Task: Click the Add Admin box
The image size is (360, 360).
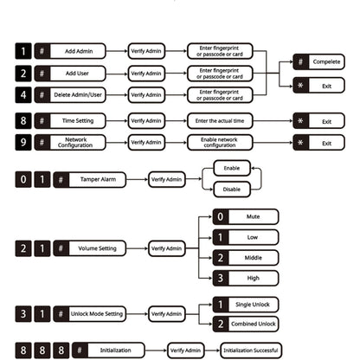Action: coord(70,51)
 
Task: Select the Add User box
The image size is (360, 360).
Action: coord(70,74)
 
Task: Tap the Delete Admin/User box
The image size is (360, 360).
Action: coord(70,95)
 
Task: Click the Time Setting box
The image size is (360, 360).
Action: coord(70,120)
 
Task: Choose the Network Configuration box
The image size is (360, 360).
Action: coord(70,142)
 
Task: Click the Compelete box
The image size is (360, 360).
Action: coord(318,61)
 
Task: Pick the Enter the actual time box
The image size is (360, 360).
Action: coord(220,120)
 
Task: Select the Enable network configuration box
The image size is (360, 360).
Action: coord(220,142)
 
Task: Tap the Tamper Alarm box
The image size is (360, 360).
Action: coord(90,179)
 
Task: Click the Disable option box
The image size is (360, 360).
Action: coord(232,190)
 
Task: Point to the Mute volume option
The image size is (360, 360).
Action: coord(246,216)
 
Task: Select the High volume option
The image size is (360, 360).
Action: coord(246,278)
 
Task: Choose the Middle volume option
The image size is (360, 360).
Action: coord(246,258)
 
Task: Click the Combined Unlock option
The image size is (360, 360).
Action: coord(246,324)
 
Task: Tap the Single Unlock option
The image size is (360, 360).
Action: coord(246,305)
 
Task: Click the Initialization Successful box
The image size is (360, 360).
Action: coord(251,350)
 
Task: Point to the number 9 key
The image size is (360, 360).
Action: coord(23,142)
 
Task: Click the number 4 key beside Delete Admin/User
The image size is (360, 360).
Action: coord(23,95)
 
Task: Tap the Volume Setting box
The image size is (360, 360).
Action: coord(90,248)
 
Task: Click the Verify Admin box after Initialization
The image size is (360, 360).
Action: coord(186,350)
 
